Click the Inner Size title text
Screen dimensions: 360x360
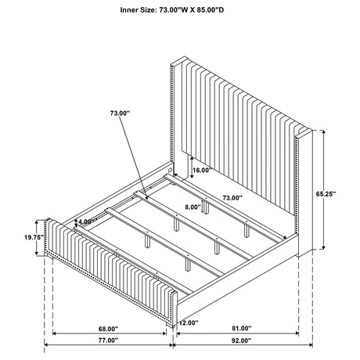(x=172, y=10)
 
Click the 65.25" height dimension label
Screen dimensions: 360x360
(x=326, y=194)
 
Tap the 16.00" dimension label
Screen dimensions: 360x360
(x=201, y=170)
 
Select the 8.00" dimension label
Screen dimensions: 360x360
(x=193, y=207)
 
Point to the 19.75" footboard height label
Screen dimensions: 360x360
(x=34, y=237)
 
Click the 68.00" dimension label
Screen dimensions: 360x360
(x=108, y=329)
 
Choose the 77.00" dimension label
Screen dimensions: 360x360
(x=108, y=340)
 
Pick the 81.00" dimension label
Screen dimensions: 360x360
(x=242, y=328)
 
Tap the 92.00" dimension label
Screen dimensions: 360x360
(x=241, y=340)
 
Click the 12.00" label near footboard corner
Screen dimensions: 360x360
(x=189, y=322)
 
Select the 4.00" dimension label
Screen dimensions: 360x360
(x=86, y=221)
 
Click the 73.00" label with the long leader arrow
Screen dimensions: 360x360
(x=120, y=113)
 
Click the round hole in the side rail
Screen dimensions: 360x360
(x=171, y=170)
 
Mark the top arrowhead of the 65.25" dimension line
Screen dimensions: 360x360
(x=324, y=131)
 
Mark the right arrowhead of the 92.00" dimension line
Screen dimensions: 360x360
(x=311, y=345)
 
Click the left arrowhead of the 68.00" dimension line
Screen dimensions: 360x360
(x=55, y=333)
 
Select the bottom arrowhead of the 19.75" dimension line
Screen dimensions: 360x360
(x=37, y=253)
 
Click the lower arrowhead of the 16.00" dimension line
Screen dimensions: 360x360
(x=192, y=177)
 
